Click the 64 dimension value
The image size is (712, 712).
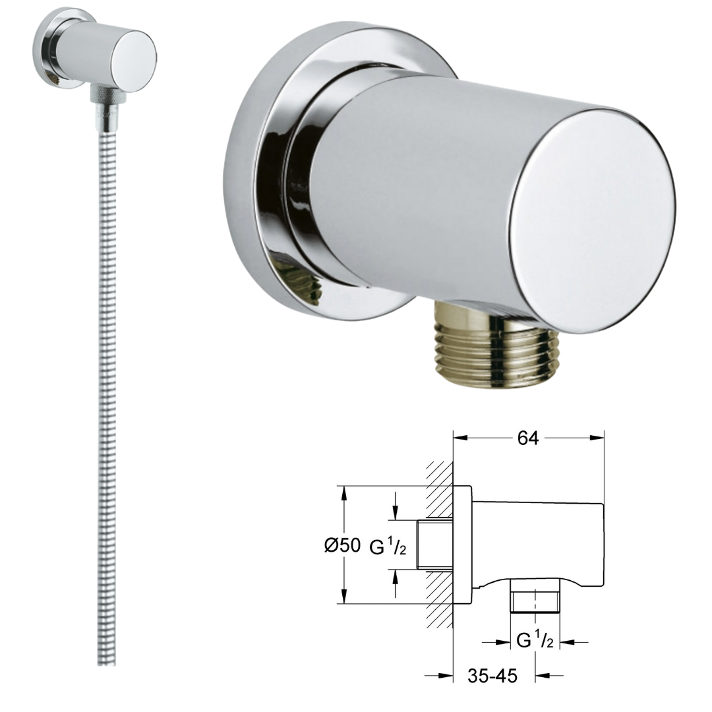(527, 438)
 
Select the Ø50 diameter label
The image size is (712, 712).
(343, 545)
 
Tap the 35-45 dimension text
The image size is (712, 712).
(492, 676)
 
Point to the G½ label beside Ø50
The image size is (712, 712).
(388, 547)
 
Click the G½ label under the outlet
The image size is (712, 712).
(535, 639)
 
